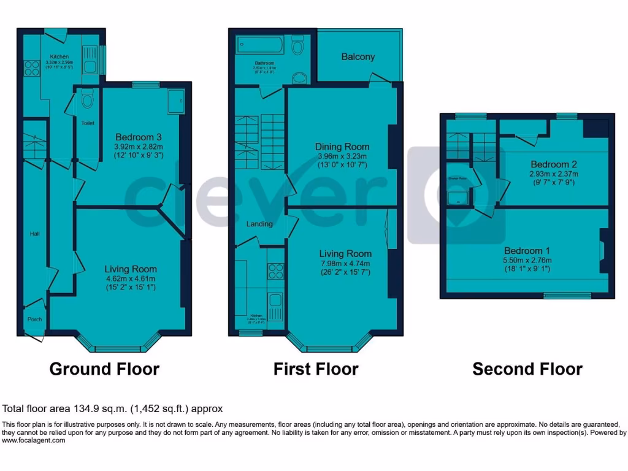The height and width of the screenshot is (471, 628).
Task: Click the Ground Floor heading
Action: [x=104, y=369]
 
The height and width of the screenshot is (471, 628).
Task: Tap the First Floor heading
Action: [x=316, y=369]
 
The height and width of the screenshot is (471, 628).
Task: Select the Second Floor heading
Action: [x=527, y=369]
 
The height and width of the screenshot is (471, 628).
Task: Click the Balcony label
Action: [x=358, y=57]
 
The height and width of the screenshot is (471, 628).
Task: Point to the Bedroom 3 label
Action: [x=139, y=136]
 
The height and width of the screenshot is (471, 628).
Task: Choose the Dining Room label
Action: [x=342, y=147]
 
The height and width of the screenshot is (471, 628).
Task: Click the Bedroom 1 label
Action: [x=527, y=250]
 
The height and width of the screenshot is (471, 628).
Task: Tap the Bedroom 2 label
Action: [x=554, y=164]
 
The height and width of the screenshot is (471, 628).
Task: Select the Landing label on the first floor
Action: [x=259, y=224]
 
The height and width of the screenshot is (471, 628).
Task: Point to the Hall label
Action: [x=35, y=234]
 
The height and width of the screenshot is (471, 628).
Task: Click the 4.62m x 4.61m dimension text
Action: [x=130, y=278]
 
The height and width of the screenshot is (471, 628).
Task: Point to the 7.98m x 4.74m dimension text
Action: [x=345, y=263]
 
